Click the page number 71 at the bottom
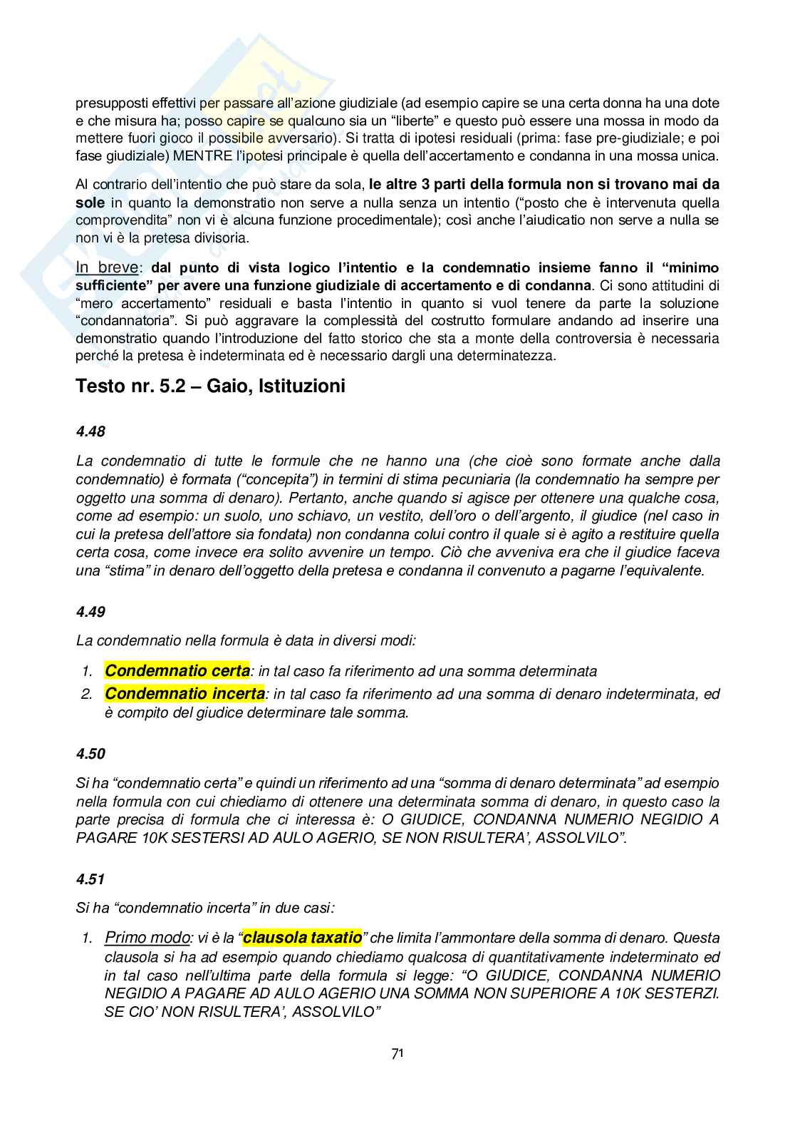click(397, 1053)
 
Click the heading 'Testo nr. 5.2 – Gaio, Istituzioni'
click(210, 387)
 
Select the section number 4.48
click(90, 431)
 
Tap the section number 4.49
click(90, 612)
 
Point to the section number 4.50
click(90, 754)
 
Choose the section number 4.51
click(90, 879)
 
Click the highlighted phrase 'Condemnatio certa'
click(177, 671)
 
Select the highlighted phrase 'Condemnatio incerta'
click(185, 694)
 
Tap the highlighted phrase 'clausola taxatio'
click(303, 938)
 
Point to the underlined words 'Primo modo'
click(147, 938)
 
